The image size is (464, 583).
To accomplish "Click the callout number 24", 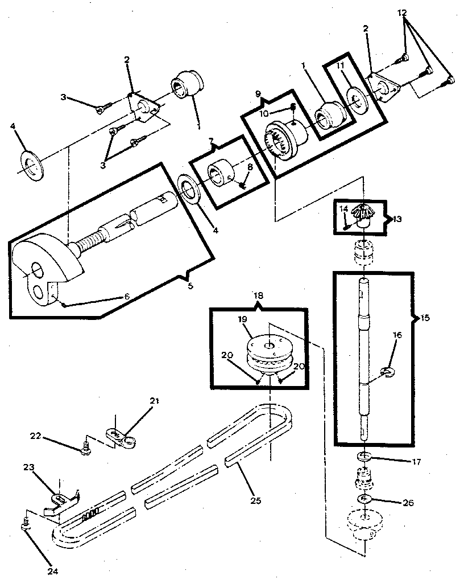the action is pos(52,571).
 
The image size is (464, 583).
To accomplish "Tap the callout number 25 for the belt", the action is pos(256,500).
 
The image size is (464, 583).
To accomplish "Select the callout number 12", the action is pos(402,13).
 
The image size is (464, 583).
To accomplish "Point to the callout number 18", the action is pos(258,295).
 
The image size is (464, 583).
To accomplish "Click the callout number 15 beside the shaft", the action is pos(425,318).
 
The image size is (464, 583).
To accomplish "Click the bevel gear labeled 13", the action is pos(361,214).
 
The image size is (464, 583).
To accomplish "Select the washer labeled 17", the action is pos(365,456).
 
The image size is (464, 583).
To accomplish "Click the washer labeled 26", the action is pos(365,498).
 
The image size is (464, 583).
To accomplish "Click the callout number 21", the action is pos(155,401).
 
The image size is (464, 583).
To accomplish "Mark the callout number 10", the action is pos(264,113).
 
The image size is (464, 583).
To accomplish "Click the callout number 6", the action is pos(127,296).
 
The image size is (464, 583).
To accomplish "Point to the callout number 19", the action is pos(243,319).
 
